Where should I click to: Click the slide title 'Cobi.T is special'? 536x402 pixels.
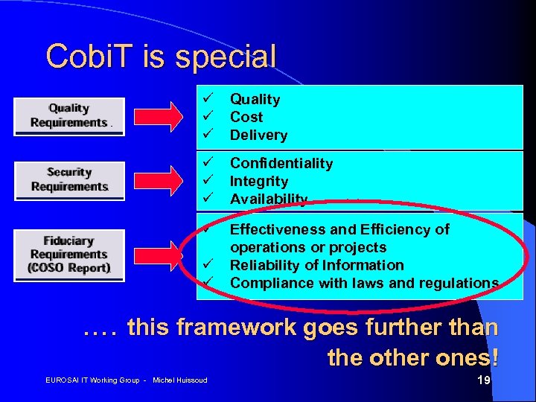(x=160, y=56)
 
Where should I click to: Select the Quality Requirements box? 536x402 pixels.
(x=68, y=116)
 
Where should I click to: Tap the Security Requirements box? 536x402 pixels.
(x=69, y=180)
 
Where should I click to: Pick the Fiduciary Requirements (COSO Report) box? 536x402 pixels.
(x=69, y=254)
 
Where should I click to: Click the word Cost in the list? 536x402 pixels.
(x=246, y=117)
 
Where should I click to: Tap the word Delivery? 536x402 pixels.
(x=258, y=135)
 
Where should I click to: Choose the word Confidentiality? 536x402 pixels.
(x=281, y=163)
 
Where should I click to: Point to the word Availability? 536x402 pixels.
(x=269, y=199)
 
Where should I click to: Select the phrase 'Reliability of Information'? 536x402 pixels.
(x=317, y=265)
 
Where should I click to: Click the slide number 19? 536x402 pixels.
(x=483, y=381)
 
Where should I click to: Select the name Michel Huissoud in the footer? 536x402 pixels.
(x=179, y=381)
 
